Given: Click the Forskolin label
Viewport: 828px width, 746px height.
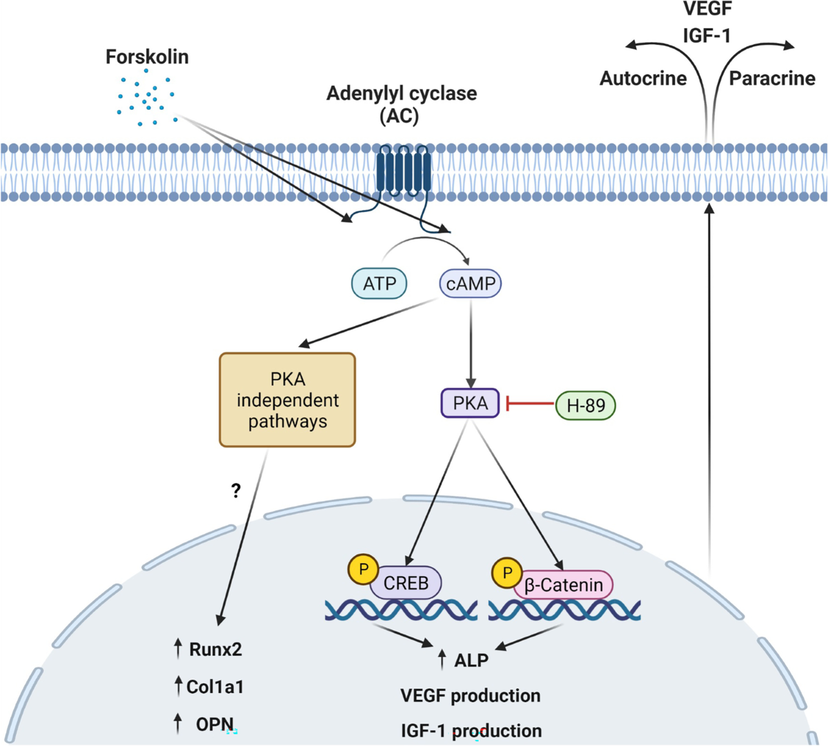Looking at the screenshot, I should tap(147, 57).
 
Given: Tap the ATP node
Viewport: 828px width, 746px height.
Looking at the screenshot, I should tap(379, 283).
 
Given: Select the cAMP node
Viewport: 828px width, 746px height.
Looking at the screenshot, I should tap(471, 283).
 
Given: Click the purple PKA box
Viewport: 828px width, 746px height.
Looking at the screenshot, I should tap(470, 403).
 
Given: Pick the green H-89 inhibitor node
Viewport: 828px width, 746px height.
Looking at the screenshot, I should tap(585, 405).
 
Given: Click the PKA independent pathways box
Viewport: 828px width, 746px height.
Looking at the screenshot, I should tap(287, 400).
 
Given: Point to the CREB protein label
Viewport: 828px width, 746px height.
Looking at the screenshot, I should tap(406, 583).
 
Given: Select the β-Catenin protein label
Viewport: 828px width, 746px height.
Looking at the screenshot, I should tap(564, 585).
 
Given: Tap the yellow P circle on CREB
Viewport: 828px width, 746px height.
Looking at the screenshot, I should tap(364, 570).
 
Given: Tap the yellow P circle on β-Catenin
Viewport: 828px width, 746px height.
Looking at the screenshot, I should tap(508, 573).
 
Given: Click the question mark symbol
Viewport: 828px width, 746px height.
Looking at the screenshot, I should tap(236, 491).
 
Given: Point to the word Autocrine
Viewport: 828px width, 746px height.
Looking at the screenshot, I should tap(643, 79).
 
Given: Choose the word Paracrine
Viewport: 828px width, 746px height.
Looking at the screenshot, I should tap(772, 79).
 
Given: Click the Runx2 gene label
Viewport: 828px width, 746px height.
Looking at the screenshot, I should tap(215, 649).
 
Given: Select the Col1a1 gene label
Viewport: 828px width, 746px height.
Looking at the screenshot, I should tap(215, 687).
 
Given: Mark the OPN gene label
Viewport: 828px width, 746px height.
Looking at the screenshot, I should tap(215, 724).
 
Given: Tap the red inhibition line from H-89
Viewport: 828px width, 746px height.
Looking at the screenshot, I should tap(531, 404).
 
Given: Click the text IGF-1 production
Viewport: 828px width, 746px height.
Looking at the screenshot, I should tap(471, 730).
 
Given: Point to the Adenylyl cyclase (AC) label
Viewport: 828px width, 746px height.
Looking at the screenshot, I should tap(401, 104).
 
